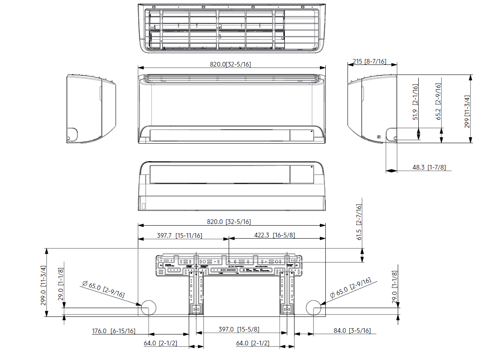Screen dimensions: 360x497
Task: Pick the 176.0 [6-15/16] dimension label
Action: point(113,331)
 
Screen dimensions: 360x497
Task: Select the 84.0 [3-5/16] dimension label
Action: point(352,331)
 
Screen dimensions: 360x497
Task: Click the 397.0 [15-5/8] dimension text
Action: point(238,330)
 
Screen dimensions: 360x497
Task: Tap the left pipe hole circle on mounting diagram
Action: point(148,308)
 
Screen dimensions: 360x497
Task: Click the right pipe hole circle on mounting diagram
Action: point(314,308)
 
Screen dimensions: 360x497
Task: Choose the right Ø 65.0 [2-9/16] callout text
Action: point(350,288)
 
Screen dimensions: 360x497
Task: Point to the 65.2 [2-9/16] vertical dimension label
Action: point(438,101)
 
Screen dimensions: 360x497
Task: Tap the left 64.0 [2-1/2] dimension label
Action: point(160,343)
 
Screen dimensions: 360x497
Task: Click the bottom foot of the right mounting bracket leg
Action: point(287,309)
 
